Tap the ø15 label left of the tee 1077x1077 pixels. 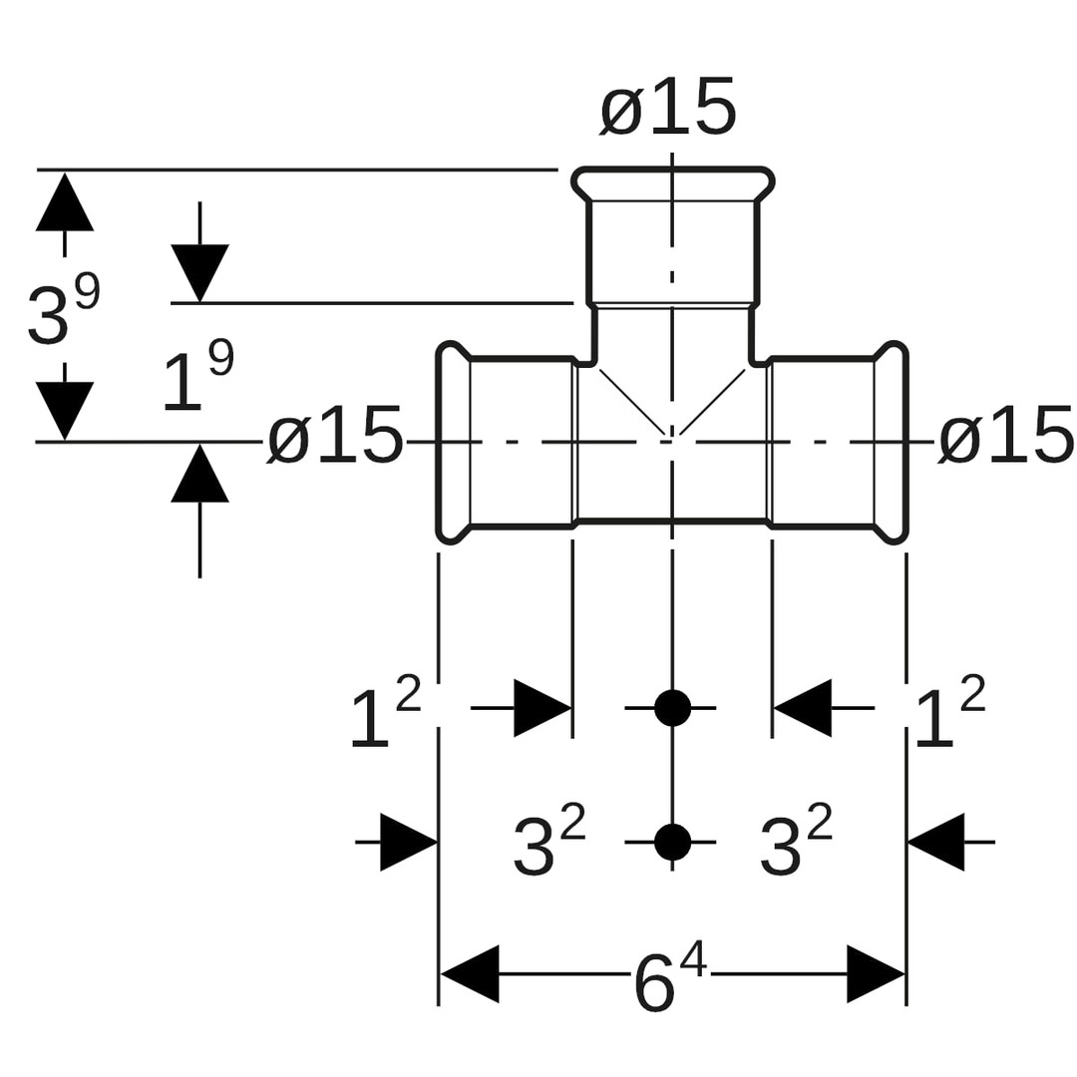(x=335, y=437)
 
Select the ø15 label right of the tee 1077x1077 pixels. (x=1006, y=437)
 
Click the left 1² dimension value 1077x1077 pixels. (x=384, y=712)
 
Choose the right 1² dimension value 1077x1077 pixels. (x=948, y=712)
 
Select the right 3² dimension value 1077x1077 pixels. (x=795, y=842)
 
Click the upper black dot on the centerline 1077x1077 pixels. (x=673, y=708)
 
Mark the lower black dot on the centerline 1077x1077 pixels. (x=673, y=843)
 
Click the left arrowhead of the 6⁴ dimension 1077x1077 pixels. (x=470, y=973)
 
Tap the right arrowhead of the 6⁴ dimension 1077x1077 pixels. (x=876, y=973)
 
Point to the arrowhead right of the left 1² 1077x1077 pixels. (x=541, y=708)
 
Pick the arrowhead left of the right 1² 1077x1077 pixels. (x=803, y=708)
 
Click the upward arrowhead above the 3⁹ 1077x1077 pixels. (x=65, y=202)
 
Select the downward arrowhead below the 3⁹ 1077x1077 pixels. (x=65, y=409)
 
